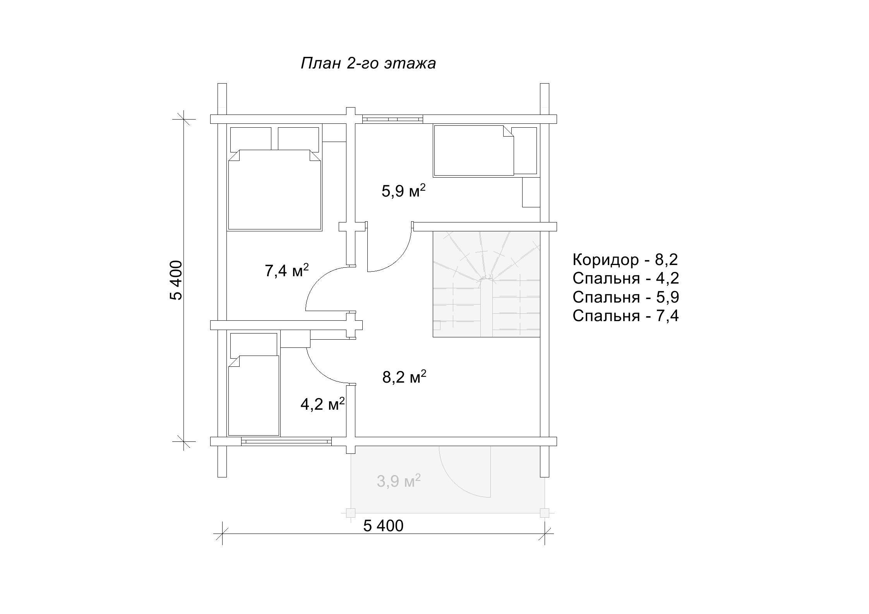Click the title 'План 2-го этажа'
pyautogui.click(x=368, y=63)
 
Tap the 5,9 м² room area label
pyautogui.click(x=404, y=191)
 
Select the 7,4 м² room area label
pyautogui.click(x=287, y=270)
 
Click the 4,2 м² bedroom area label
pyautogui.click(x=323, y=404)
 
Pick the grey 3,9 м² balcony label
pyautogui.click(x=399, y=481)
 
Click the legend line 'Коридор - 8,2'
pyautogui.click(x=625, y=260)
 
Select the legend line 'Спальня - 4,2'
pyautogui.click(x=626, y=279)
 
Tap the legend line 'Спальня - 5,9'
pyautogui.click(x=626, y=297)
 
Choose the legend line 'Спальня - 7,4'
pyautogui.click(x=626, y=316)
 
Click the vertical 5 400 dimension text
pyautogui.click(x=175, y=280)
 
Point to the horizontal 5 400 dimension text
pyautogui.click(x=383, y=526)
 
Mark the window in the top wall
pyautogui.click(x=393, y=119)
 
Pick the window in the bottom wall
pyautogui.click(x=286, y=441)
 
